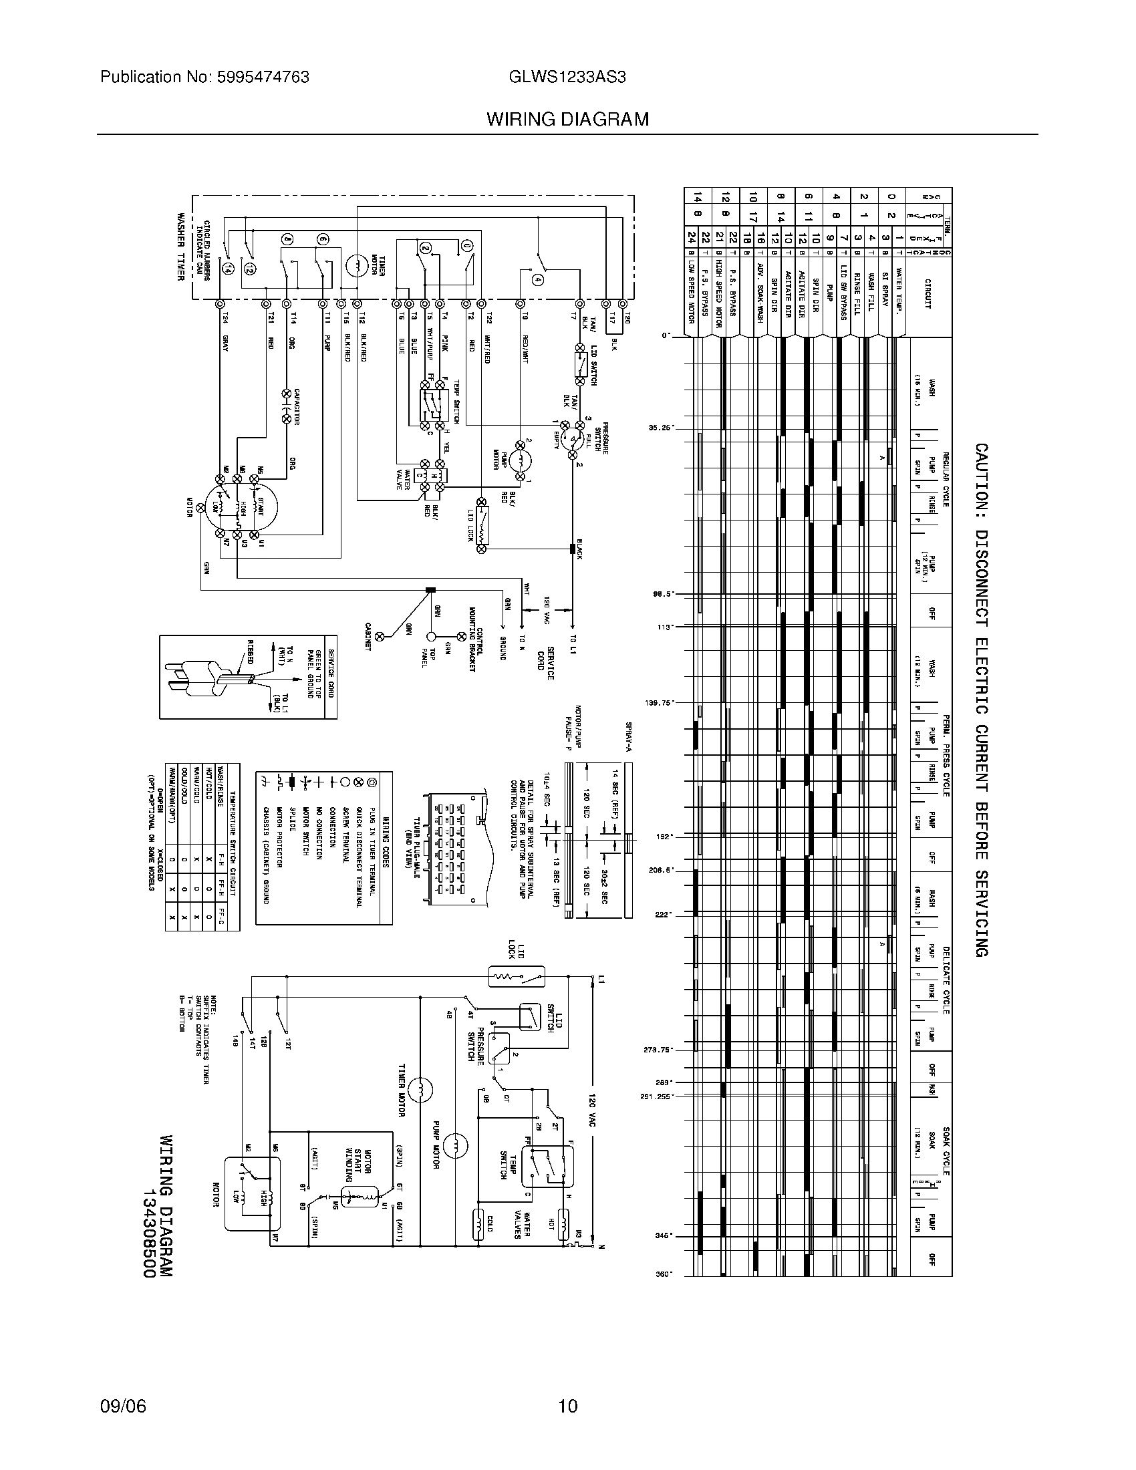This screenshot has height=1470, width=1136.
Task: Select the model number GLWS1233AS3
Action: point(568,78)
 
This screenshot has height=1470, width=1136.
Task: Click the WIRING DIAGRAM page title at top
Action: point(568,120)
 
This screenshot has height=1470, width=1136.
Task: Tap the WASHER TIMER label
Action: point(181,247)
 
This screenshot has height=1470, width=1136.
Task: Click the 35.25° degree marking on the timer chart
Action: point(661,427)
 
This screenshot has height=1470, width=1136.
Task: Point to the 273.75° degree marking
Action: point(660,1049)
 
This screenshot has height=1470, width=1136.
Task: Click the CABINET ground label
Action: point(369,635)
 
